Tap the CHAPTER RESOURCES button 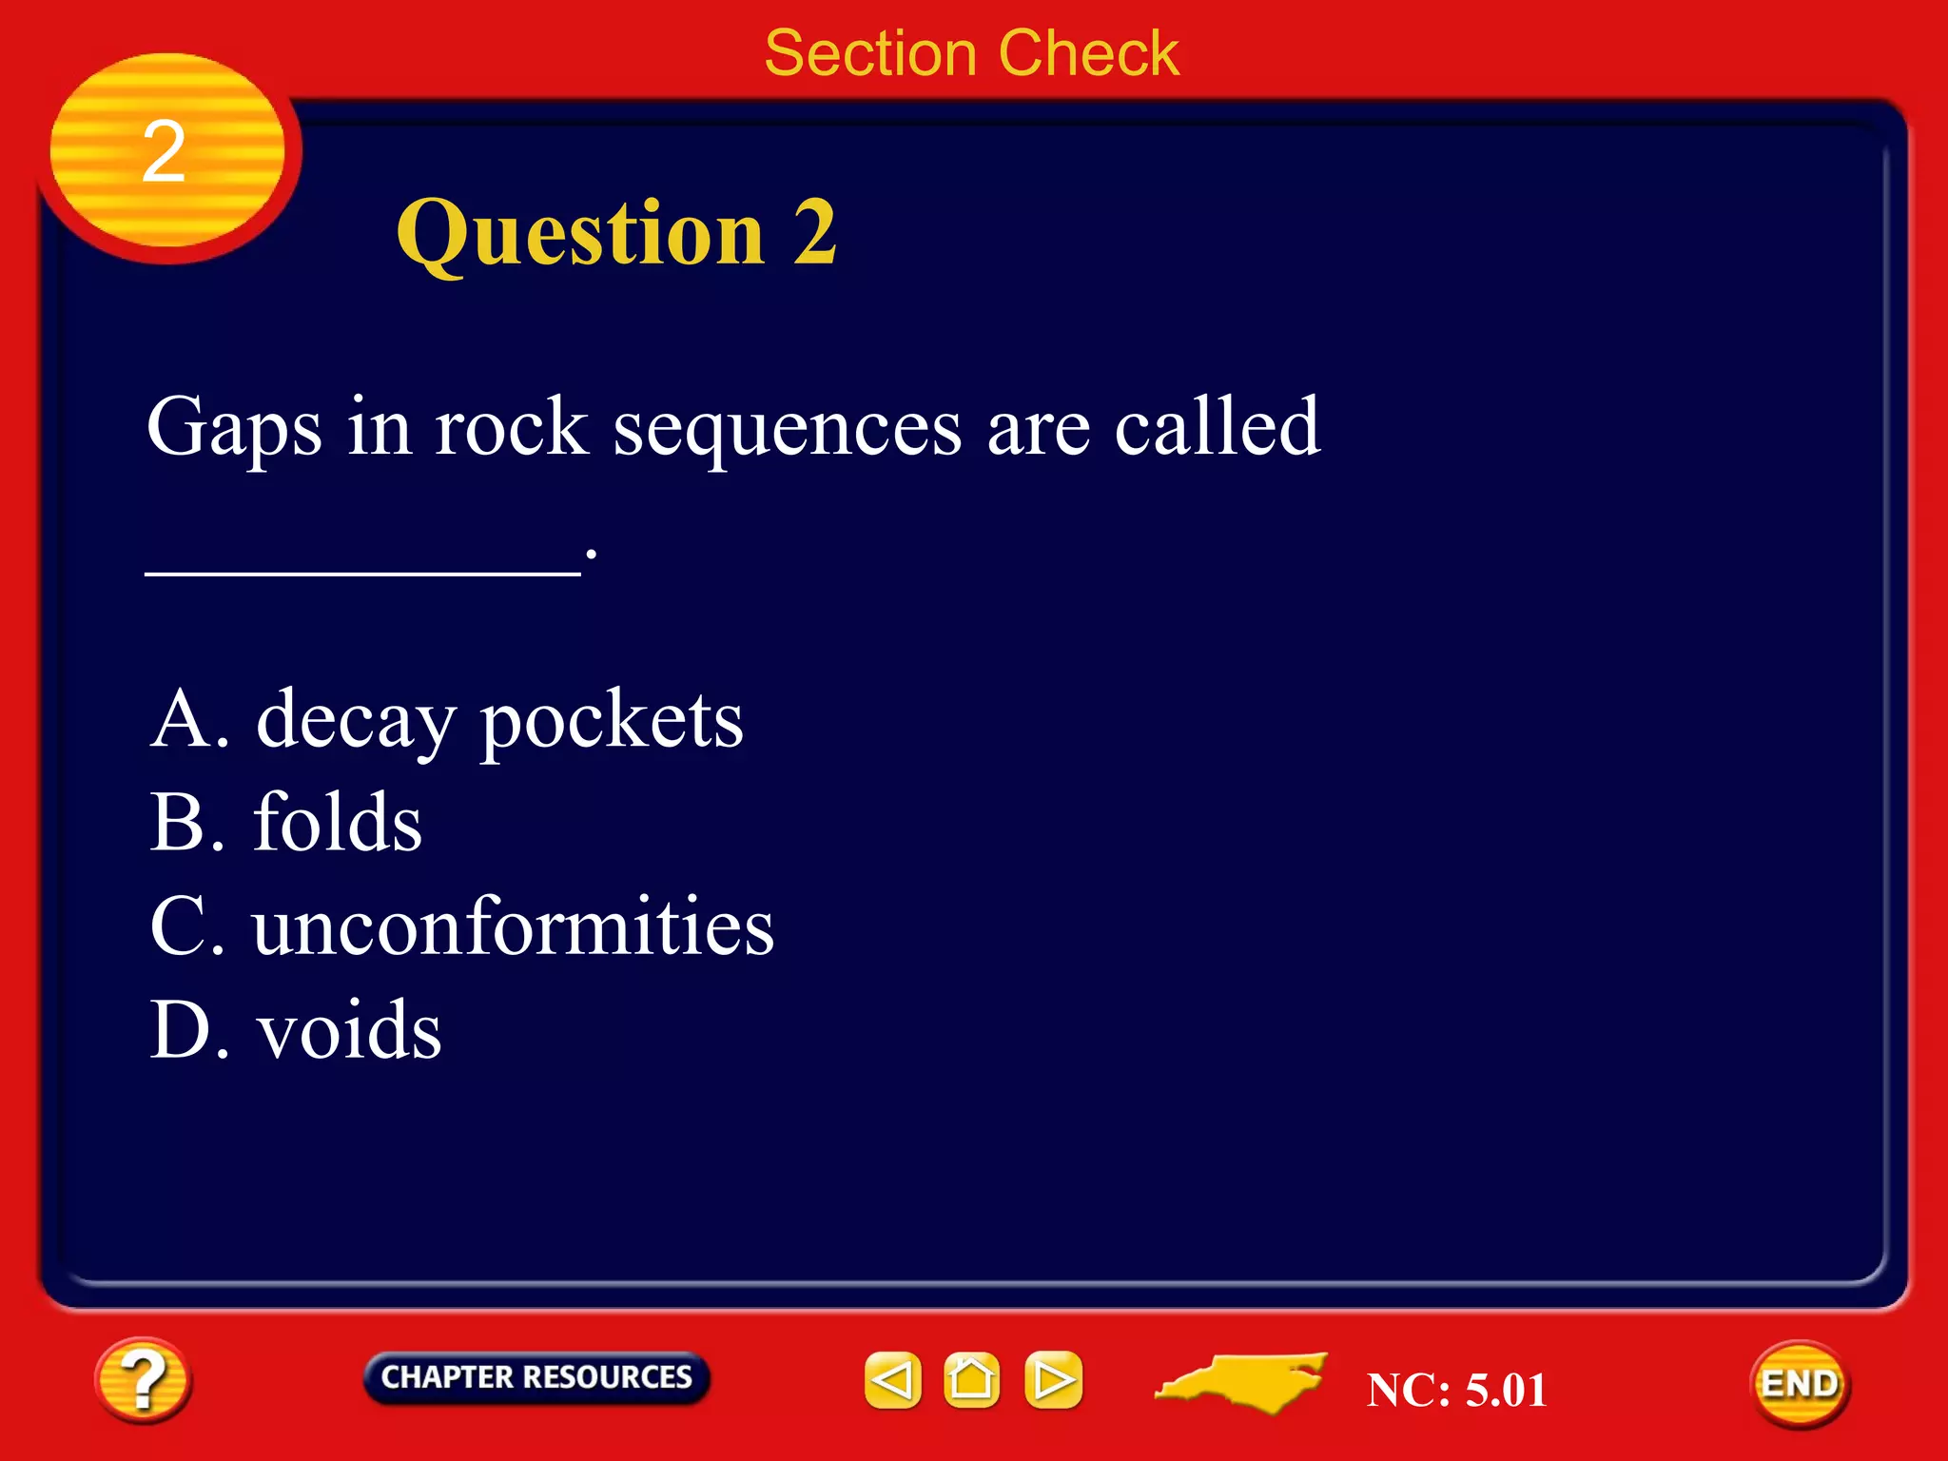coord(536,1377)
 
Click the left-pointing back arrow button coord(892,1380)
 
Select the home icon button coord(971,1379)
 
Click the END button coord(1799,1384)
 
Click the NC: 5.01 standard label coord(1456,1390)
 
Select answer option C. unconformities coord(462,926)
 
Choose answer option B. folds coord(286,822)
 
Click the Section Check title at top coord(971,53)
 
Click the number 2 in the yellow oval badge coord(164,152)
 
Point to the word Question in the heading coord(580,234)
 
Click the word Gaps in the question coord(234,428)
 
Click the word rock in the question coord(511,428)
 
